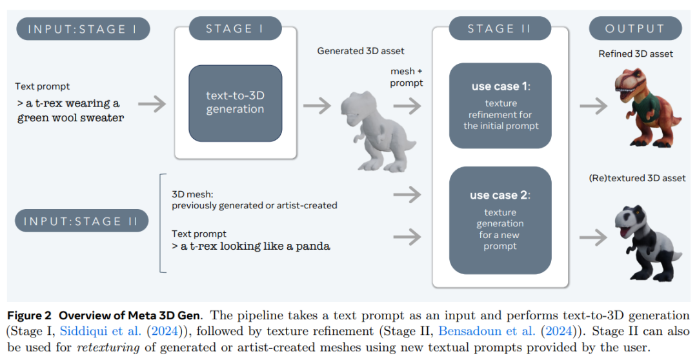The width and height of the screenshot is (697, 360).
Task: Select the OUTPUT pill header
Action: [x=635, y=29]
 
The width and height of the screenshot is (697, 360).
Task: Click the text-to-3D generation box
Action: [x=235, y=103]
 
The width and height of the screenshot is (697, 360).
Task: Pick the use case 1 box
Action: [x=500, y=106]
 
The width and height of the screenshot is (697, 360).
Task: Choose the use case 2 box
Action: [x=500, y=220]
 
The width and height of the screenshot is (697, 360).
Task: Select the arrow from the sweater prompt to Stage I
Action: [x=151, y=103]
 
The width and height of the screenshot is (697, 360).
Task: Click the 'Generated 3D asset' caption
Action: [x=360, y=51]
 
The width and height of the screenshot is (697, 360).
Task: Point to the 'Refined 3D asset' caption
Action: [x=636, y=54]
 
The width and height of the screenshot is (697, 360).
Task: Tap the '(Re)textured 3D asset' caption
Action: [x=637, y=177]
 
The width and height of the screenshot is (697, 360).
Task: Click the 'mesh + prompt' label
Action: [x=407, y=77]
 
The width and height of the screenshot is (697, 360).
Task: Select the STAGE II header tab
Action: [x=491, y=29]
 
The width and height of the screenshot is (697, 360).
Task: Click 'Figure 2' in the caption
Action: [x=29, y=315]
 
